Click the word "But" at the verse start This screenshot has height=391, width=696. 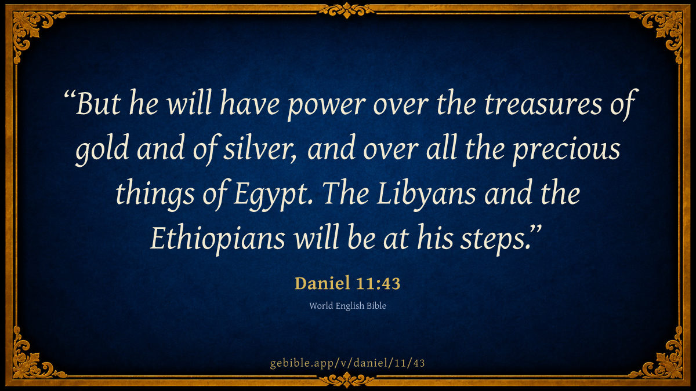98,103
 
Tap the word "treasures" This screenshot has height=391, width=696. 543,103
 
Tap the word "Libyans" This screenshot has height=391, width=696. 426,195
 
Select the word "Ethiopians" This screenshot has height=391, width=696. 218,239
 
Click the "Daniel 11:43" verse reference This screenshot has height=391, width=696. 347,283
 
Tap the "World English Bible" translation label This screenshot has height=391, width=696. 347,306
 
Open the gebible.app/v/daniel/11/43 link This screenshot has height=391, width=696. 347,363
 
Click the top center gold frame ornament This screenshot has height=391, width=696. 347,10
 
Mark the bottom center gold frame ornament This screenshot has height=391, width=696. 347,380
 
